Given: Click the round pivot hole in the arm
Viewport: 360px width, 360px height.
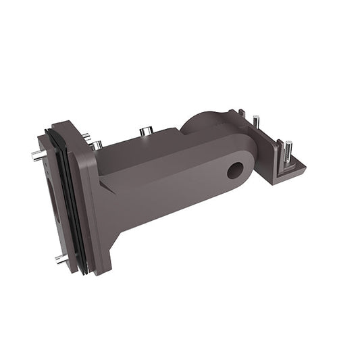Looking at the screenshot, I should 234,170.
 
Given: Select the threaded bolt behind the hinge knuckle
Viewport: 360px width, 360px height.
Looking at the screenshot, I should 257,122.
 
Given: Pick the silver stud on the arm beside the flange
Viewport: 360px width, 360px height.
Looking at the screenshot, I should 97,145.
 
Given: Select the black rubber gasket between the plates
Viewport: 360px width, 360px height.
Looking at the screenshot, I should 70,203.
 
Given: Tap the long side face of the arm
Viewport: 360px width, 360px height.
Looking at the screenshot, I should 169,189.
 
